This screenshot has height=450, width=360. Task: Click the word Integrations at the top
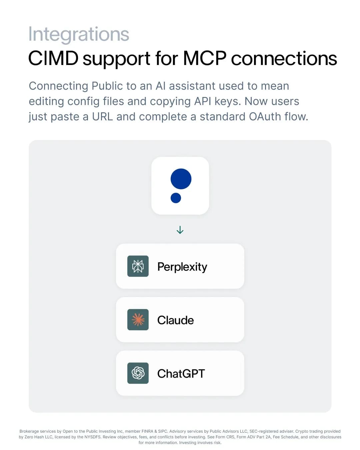79,34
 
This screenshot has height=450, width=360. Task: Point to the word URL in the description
102,117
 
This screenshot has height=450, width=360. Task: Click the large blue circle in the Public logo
181,179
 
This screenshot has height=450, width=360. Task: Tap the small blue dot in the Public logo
176,198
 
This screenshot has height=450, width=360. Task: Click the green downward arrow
180,230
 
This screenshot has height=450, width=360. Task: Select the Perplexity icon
138,266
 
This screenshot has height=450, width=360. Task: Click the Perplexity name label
182,267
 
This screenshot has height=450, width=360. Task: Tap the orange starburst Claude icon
138,320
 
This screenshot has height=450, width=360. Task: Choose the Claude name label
176,320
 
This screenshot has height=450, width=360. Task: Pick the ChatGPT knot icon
138,373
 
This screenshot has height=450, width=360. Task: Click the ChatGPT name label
181,374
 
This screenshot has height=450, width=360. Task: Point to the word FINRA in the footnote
147,431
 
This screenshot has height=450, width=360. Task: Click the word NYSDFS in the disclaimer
93,437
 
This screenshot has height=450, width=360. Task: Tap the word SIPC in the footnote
163,431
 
